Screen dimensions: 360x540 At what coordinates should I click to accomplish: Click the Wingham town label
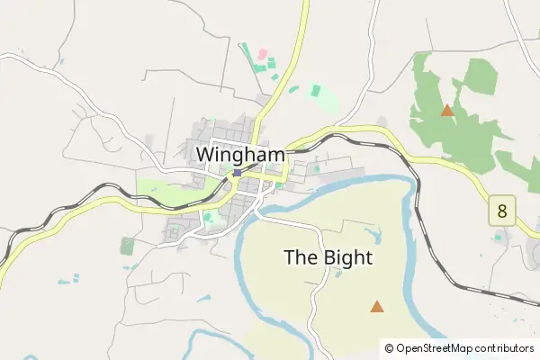pyautogui.click(x=240, y=154)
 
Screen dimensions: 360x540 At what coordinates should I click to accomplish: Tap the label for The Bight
pyautogui.click(x=328, y=257)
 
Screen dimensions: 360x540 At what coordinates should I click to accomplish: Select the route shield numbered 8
pyautogui.click(x=501, y=212)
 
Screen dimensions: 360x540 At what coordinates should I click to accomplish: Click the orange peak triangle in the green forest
pyautogui.click(x=446, y=111)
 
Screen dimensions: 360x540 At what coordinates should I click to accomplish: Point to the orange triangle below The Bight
pyautogui.click(x=376, y=307)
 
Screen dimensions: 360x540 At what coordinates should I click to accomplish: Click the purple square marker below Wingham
pyautogui.click(x=236, y=173)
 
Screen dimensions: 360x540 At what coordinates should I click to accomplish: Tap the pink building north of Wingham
pyautogui.click(x=263, y=55)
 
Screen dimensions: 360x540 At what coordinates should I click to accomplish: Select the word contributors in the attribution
pyautogui.click(x=504, y=347)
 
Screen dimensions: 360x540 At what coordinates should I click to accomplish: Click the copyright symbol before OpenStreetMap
pyautogui.click(x=389, y=347)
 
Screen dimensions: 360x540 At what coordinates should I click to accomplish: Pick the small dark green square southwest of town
pyautogui.click(x=127, y=245)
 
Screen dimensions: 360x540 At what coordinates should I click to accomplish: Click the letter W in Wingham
pyautogui.click(x=205, y=154)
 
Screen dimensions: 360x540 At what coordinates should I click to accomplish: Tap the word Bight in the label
pyautogui.click(x=346, y=257)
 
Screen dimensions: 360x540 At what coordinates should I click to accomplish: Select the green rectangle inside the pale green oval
pyautogui.click(x=315, y=90)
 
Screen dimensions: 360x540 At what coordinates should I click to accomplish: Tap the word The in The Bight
pyautogui.click(x=299, y=257)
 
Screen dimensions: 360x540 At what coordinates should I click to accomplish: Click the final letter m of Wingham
pyautogui.click(x=276, y=154)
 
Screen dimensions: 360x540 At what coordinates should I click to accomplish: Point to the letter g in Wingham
pyautogui.click(x=239, y=156)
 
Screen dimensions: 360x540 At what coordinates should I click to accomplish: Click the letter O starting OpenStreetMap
pyautogui.click(x=400, y=347)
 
